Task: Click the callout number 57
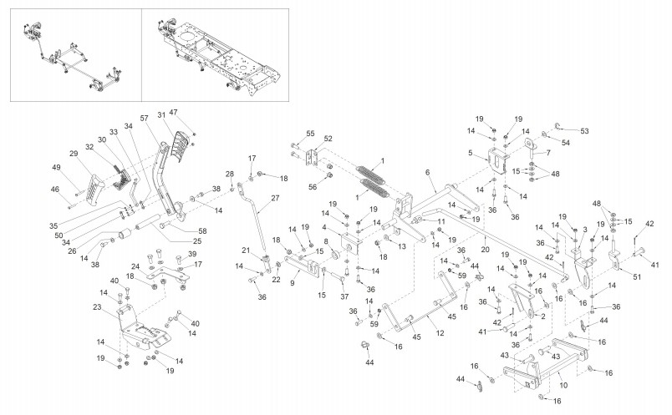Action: (144, 118)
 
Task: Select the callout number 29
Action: (74, 154)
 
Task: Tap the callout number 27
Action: (275, 198)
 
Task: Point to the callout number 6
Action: (427, 172)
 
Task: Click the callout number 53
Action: (584, 131)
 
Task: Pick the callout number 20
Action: (485, 250)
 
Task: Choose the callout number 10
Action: (563, 385)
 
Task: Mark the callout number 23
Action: (97, 306)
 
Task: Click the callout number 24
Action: (135, 266)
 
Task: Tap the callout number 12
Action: (440, 333)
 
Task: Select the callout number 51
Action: (637, 276)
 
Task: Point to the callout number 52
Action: (328, 139)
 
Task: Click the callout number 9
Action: (293, 283)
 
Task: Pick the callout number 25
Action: (197, 241)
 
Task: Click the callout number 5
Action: (470, 153)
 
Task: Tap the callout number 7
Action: (548, 153)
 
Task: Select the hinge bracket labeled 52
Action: (313, 158)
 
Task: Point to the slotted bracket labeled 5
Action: (497, 159)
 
